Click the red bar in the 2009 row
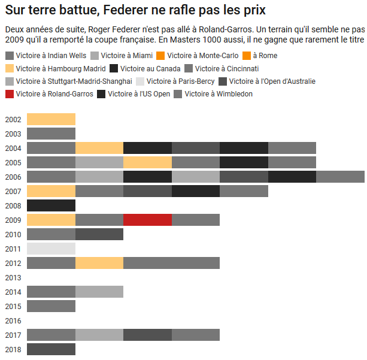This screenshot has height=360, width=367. (x=147, y=220)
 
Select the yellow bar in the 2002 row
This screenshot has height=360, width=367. (x=51, y=119)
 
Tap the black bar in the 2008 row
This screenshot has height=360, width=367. (x=51, y=205)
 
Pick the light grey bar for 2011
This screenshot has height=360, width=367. (x=51, y=249)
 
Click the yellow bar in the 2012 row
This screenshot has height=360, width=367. (x=99, y=263)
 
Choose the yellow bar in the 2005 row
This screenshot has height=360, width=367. (x=147, y=162)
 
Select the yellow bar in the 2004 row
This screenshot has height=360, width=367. (x=99, y=148)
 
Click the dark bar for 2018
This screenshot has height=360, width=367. (x=51, y=349)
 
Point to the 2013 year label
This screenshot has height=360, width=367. (x=13, y=277)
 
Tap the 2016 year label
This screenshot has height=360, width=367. (x=13, y=320)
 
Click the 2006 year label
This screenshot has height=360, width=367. (x=13, y=177)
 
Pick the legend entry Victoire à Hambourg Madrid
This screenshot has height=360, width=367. (x=57, y=68)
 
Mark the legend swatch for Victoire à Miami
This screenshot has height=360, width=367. (x=95, y=56)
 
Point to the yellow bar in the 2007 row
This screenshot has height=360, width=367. (x=51, y=191)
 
